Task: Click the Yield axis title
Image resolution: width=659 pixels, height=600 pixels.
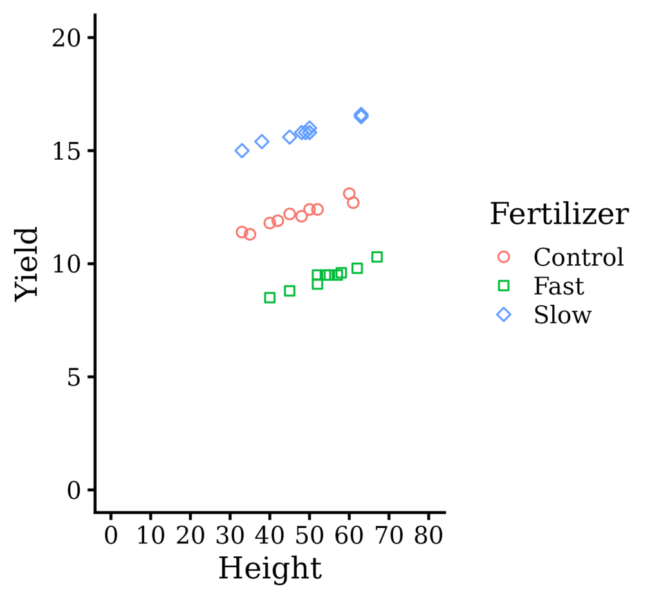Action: [27, 263]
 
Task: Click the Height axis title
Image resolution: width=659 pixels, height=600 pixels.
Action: [270, 569]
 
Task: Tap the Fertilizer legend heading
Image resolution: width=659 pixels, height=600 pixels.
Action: [559, 214]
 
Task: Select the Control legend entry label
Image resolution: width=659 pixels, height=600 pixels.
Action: [579, 257]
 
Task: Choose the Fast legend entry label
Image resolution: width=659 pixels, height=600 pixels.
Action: [559, 286]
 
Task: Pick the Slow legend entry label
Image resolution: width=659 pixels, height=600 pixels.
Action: [562, 315]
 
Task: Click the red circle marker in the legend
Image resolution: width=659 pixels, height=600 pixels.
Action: [504, 257]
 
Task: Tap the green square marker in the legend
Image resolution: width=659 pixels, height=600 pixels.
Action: [504, 286]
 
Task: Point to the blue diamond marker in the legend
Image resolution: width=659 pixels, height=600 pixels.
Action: [504, 315]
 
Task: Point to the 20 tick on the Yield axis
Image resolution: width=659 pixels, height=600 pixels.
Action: [68, 37]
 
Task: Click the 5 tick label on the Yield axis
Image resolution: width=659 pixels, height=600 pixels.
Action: [75, 377]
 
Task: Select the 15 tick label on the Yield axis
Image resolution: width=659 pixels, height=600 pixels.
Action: [68, 151]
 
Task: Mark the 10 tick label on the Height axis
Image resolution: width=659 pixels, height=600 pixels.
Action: [151, 536]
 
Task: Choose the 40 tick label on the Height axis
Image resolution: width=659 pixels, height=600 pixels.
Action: [270, 536]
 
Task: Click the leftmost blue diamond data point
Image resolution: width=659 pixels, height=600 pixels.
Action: [242, 151]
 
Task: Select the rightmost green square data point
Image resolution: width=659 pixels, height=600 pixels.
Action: [377, 257]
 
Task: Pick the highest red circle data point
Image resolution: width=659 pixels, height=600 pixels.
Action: [349, 194]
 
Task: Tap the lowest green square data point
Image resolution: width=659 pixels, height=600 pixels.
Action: [270, 298]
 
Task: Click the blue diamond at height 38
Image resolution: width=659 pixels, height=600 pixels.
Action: [262, 142]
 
